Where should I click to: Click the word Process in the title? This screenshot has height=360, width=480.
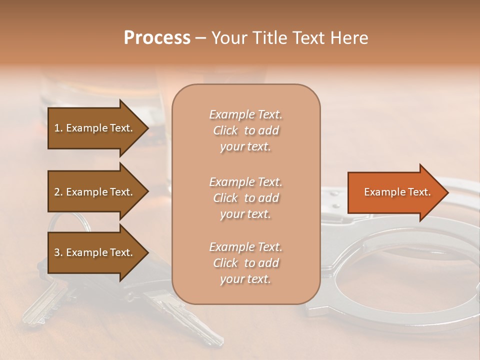click(157, 37)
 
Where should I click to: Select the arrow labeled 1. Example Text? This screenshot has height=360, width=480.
click(95, 128)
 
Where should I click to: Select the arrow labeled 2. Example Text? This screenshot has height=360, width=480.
click(95, 192)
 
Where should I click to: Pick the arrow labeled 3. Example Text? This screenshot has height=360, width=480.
click(95, 252)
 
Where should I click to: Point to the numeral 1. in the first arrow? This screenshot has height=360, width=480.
click(58, 128)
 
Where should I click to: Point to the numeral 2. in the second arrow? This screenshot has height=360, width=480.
click(58, 192)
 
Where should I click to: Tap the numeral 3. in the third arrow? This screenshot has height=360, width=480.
click(58, 252)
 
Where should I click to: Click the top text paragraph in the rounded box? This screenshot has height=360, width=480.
click(245, 130)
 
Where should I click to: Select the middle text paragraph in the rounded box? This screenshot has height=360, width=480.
click(245, 198)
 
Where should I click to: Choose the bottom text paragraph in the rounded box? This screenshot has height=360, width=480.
click(245, 263)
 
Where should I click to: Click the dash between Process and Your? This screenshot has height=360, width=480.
click(200, 38)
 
